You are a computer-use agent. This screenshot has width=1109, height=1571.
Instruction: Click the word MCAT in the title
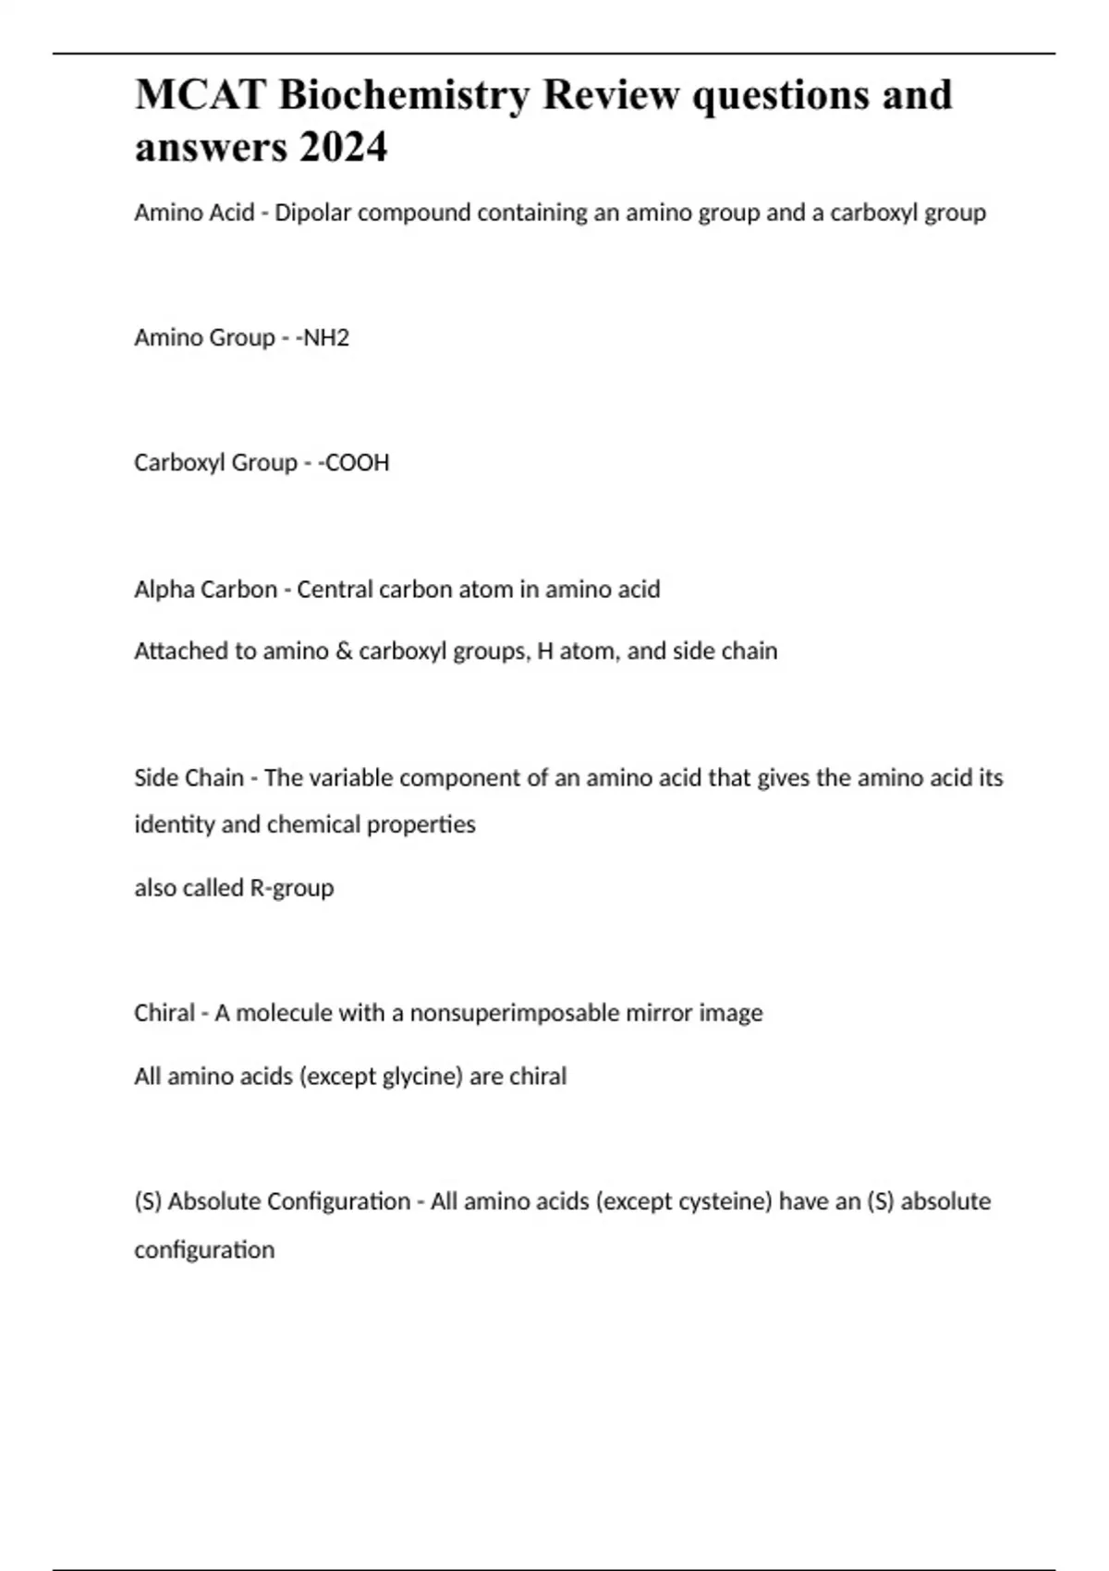[x=201, y=95]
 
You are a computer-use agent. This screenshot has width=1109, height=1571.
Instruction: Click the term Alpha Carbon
[x=205, y=590]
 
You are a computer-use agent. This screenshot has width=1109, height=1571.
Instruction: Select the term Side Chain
[x=189, y=778]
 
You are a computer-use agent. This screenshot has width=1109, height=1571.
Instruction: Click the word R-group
[x=291, y=888]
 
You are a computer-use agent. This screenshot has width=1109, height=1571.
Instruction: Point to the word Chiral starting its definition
[x=165, y=1014]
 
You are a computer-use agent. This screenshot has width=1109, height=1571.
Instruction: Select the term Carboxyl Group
[x=215, y=463]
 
